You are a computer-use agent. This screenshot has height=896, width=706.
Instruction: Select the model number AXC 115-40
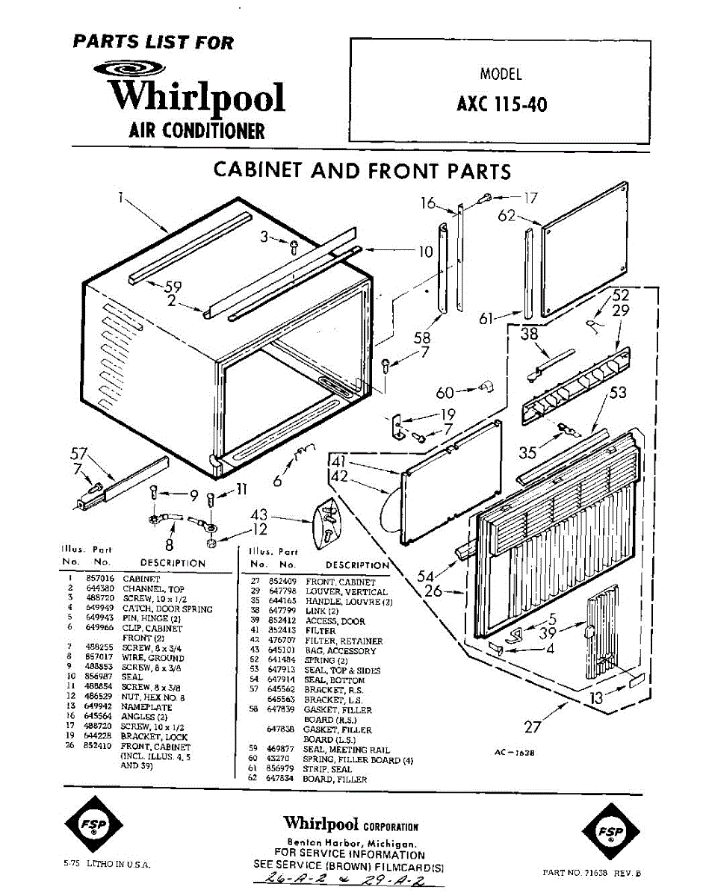tap(501, 104)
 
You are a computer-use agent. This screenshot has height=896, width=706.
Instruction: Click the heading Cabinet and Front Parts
tap(362, 170)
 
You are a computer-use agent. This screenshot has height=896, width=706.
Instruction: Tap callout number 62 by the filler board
tap(507, 216)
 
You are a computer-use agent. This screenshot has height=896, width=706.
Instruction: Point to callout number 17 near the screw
tap(530, 198)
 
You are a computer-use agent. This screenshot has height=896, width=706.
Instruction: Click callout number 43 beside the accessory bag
tap(259, 515)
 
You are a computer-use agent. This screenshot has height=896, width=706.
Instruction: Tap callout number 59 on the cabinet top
tap(173, 286)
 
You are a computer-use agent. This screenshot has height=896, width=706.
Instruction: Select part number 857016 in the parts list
tap(101, 579)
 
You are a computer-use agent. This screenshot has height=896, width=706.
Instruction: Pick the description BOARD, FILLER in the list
tap(335, 779)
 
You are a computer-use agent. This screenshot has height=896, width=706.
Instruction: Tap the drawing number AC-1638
tap(515, 753)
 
